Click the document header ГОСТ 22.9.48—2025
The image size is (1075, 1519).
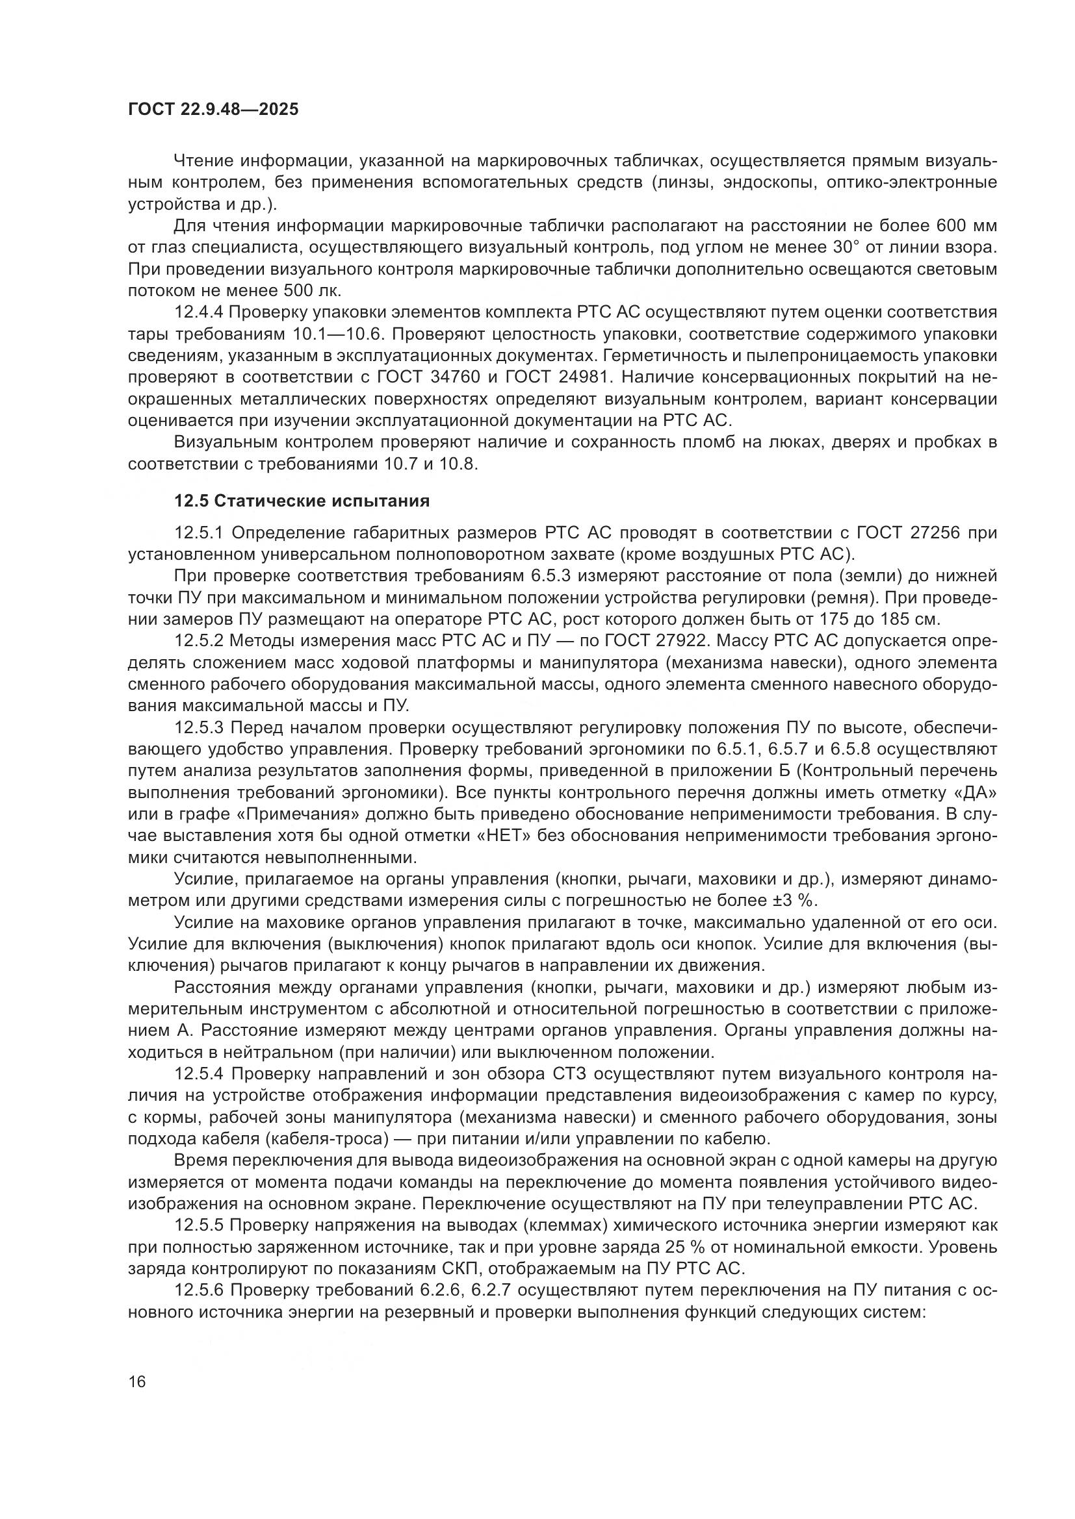213,109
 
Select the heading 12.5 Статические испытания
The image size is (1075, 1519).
301,501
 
